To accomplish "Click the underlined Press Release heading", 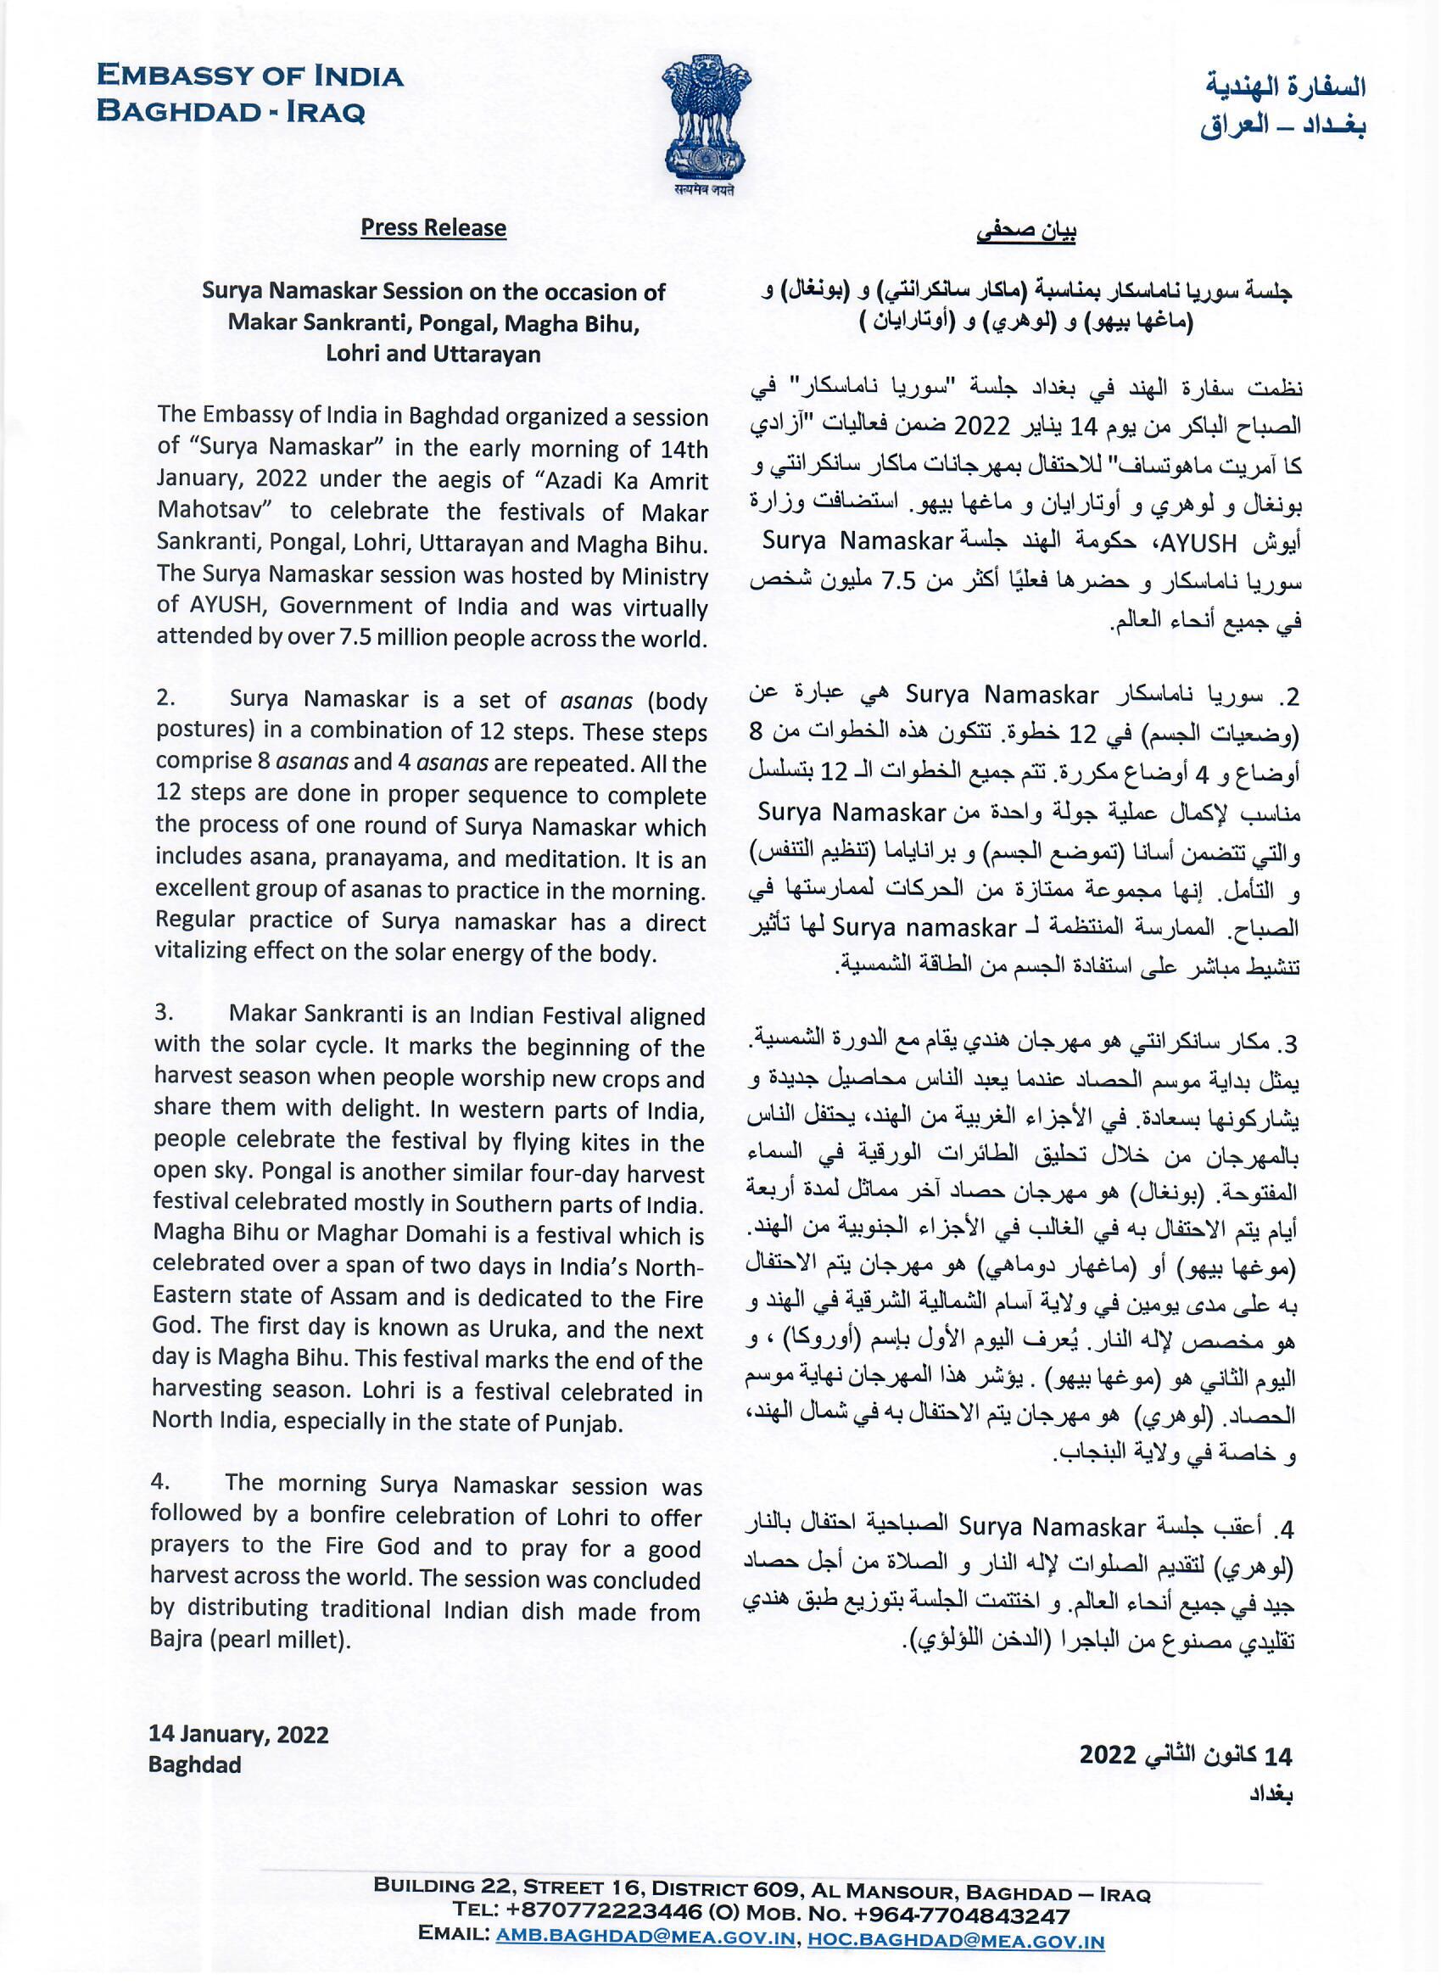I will tap(434, 228).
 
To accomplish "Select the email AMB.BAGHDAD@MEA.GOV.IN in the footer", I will tap(645, 1963).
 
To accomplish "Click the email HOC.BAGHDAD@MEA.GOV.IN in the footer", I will tap(954, 1963).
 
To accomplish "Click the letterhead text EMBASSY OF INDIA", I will tap(250, 77).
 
